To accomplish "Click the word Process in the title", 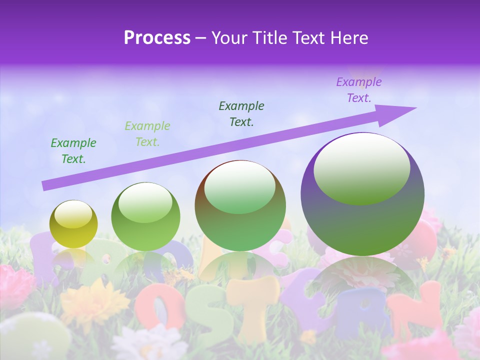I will point(157,37).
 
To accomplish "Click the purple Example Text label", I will point(358,90).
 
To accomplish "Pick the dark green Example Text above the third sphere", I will point(241,113).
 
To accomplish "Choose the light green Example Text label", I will point(147,133).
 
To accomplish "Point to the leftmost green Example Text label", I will point(73,150).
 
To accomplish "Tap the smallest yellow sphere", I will point(73,230).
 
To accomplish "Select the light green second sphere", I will point(145,230).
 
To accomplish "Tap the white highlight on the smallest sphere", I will point(73,214).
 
